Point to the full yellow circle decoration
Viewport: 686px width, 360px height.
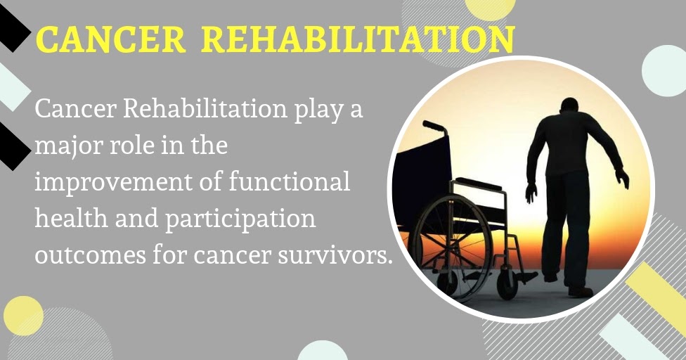tap(23, 315)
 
